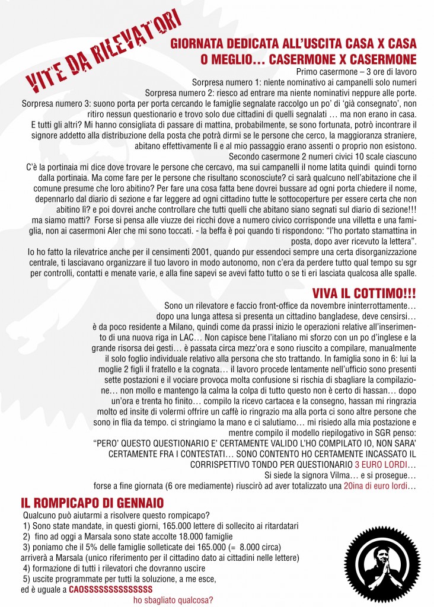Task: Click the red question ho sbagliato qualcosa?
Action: pos(174,599)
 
